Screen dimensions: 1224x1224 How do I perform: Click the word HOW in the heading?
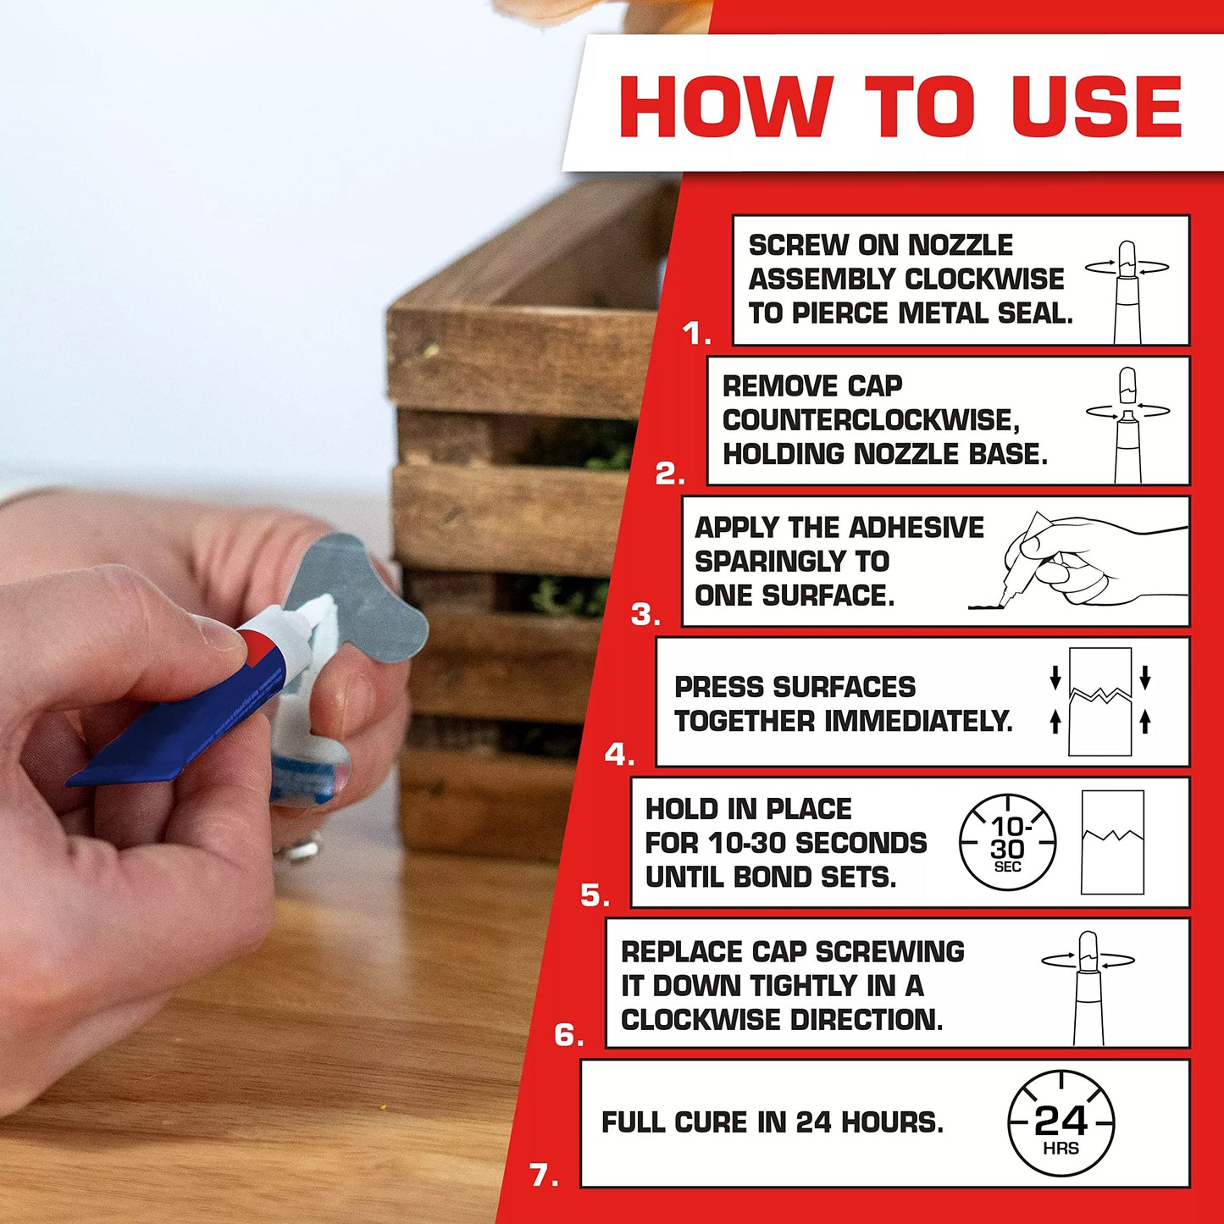click(725, 107)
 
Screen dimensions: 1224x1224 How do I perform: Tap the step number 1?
click(696, 335)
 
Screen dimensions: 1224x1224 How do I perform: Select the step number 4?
click(619, 754)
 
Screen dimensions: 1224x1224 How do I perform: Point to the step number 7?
click(544, 1176)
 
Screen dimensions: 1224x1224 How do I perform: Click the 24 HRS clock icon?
click(1061, 1123)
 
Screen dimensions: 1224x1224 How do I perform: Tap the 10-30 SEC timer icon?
click(1007, 843)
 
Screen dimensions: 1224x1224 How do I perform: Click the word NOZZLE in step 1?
click(960, 246)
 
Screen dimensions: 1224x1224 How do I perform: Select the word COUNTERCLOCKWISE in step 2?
click(870, 420)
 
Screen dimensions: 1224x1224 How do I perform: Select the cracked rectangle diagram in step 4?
click(1099, 701)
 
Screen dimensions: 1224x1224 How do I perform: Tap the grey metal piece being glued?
click(373, 601)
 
